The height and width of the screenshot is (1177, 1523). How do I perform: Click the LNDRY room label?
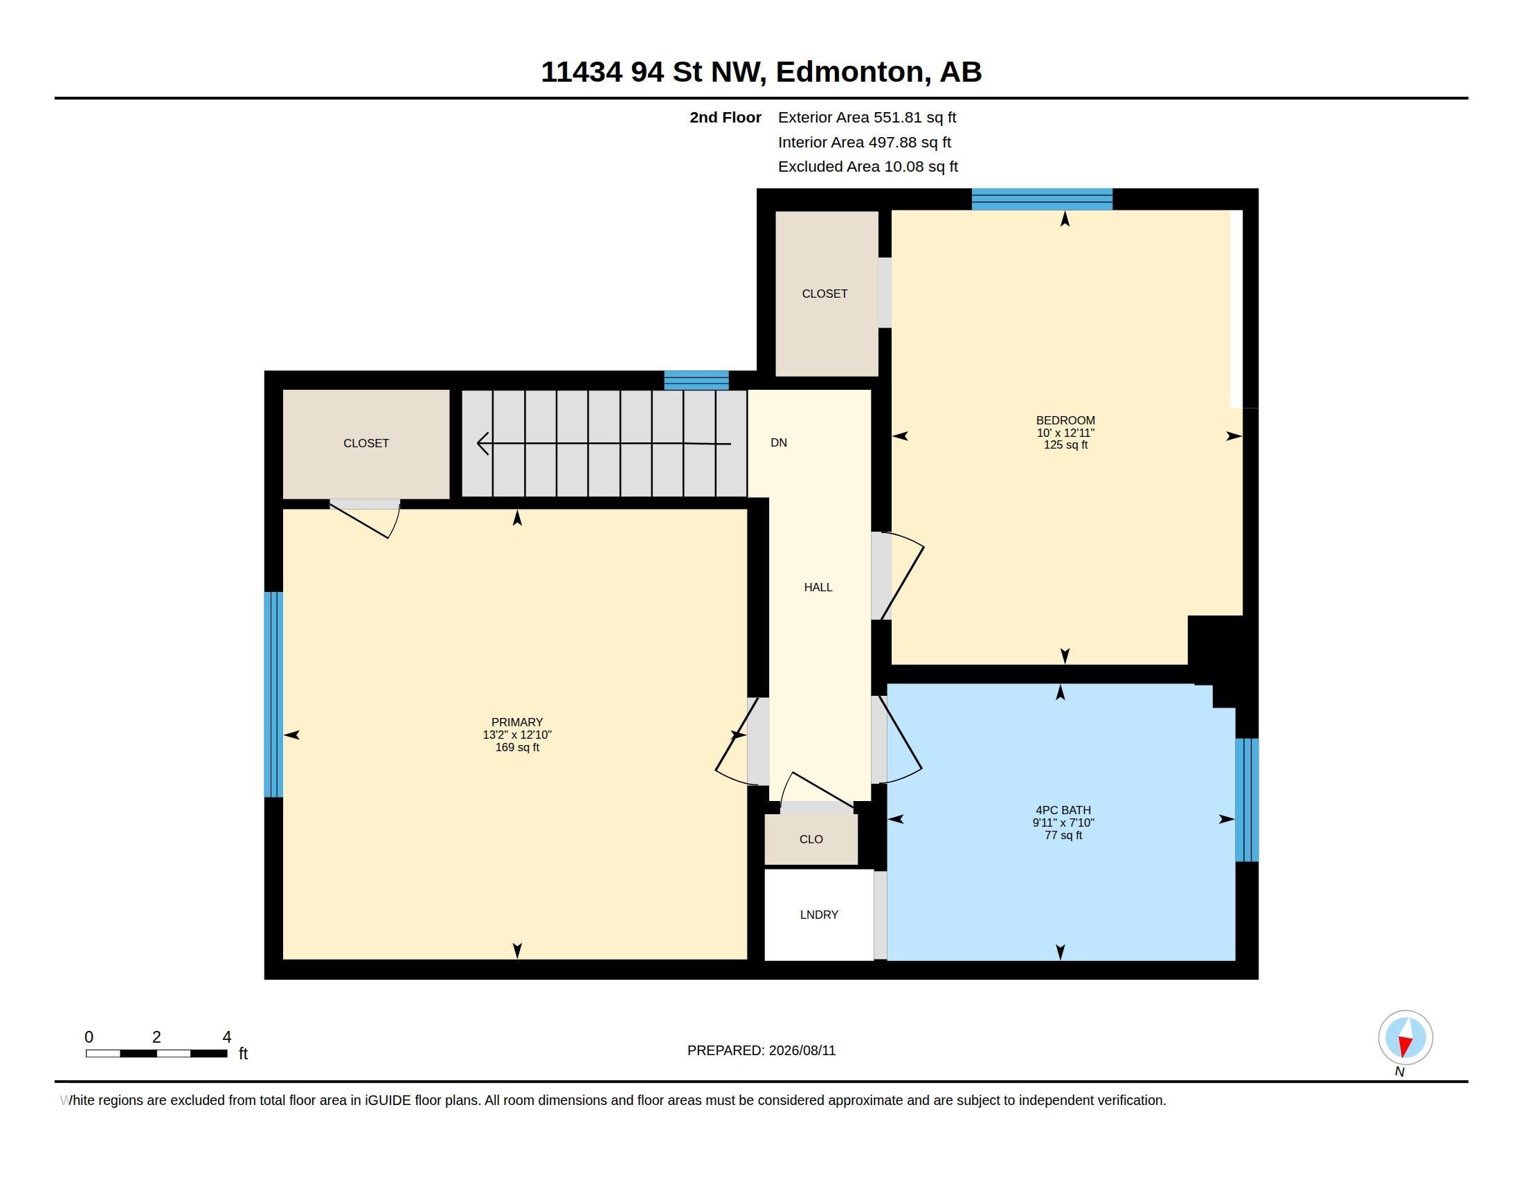tap(819, 914)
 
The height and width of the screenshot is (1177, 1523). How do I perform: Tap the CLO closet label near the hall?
tap(811, 839)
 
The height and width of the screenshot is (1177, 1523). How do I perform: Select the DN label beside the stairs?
tap(779, 442)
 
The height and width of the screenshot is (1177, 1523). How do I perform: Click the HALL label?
tap(818, 587)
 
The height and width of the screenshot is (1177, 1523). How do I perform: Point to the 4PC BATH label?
tap(1063, 810)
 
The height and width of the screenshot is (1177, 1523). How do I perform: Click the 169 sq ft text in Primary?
tap(517, 748)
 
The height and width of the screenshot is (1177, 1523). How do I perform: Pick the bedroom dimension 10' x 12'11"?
tap(1065, 433)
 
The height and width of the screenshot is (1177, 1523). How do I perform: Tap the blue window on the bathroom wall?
tap(1247, 800)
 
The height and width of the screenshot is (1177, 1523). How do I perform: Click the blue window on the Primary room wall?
tap(273, 694)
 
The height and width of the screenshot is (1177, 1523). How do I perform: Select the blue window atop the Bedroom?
tap(1042, 199)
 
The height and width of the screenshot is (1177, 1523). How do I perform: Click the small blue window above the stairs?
tap(696, 380)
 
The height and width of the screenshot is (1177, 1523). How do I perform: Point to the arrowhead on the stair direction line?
tap(483, 443)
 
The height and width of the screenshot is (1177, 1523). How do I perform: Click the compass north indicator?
tap(1405, 1038)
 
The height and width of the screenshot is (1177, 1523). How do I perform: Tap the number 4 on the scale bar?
tap(226, 1037)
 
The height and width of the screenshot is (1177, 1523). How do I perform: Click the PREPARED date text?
tap(761, 1050)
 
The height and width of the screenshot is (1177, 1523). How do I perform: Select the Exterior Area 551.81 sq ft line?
tap(867, 117)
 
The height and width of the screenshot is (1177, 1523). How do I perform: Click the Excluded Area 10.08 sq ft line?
tap(868, 167)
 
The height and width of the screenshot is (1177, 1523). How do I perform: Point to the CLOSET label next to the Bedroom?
tap(825, 294)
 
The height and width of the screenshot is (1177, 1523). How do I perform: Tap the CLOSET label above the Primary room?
tap(366, 443)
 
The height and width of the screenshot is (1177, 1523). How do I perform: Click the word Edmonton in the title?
tap(850, 72)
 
